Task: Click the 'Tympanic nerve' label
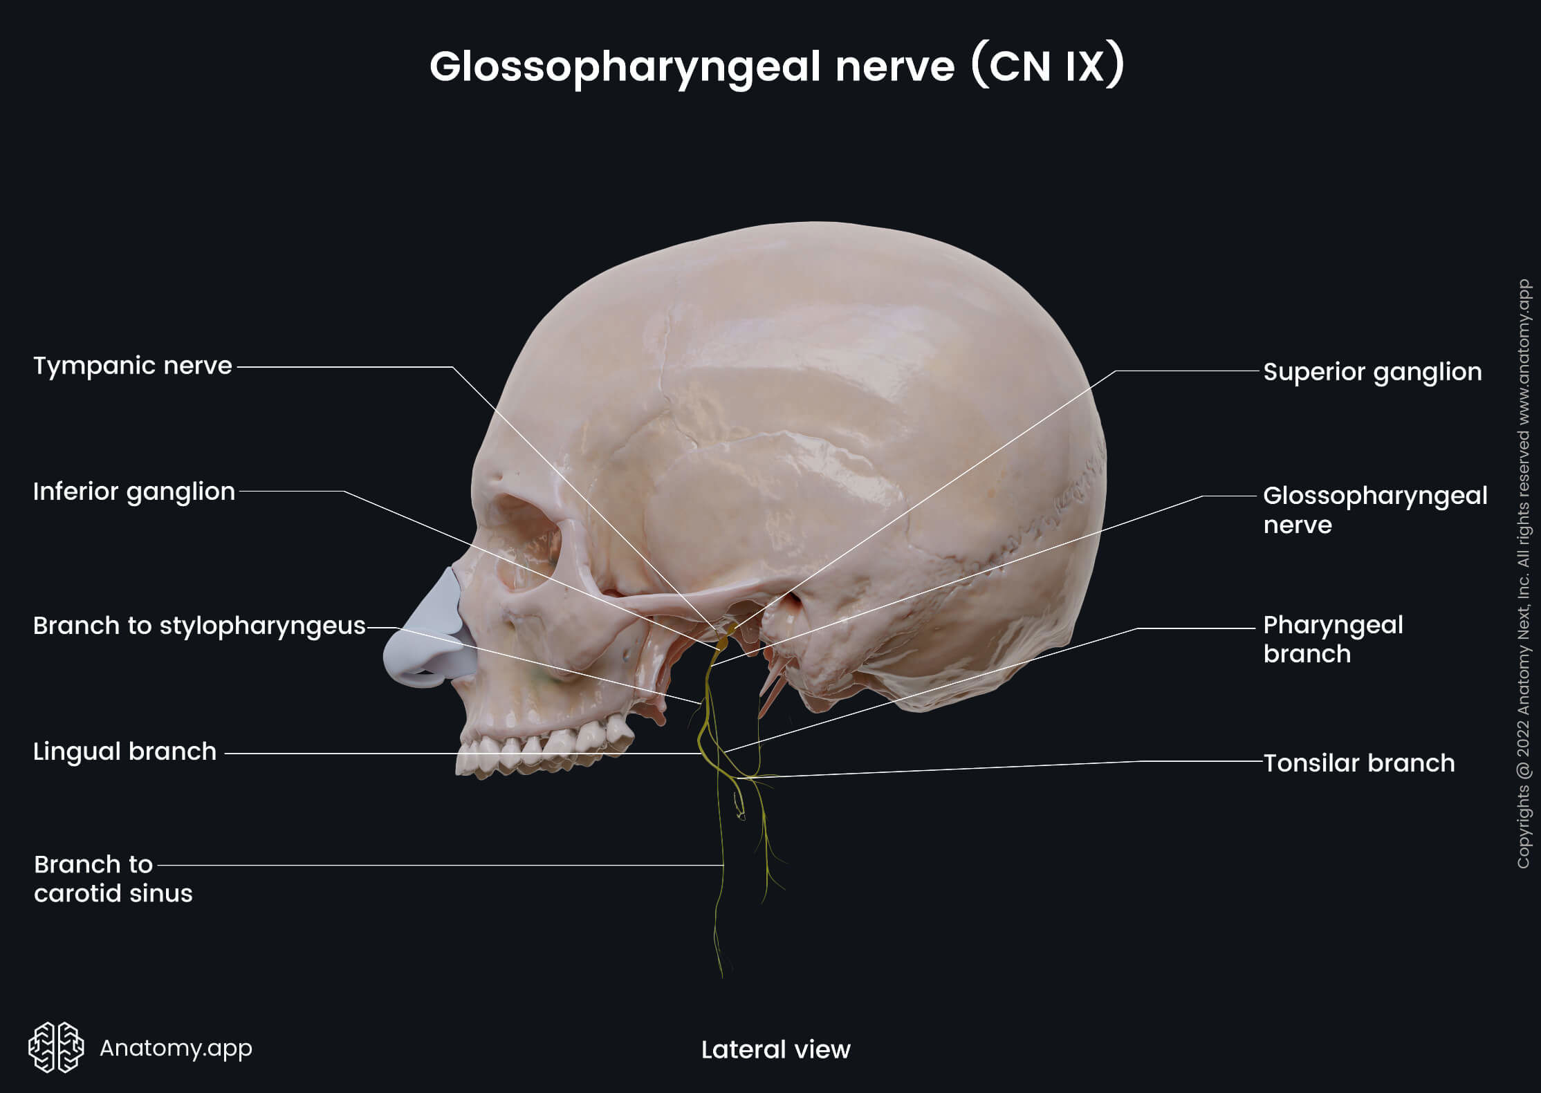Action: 132,366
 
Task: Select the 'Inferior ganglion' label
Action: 133,492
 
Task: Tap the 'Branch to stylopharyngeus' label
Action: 199,626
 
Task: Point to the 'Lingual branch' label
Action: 124,751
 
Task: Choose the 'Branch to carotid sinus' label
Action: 113,879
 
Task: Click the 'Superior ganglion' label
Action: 1372,372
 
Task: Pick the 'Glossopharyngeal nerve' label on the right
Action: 1374,510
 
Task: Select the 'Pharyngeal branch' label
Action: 1333,639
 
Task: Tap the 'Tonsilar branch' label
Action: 1358,763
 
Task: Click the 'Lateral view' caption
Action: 775,1049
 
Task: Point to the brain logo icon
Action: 56,1047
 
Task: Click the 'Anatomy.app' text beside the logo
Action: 176,1048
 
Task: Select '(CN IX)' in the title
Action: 1047,67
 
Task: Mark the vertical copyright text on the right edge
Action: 1523,574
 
